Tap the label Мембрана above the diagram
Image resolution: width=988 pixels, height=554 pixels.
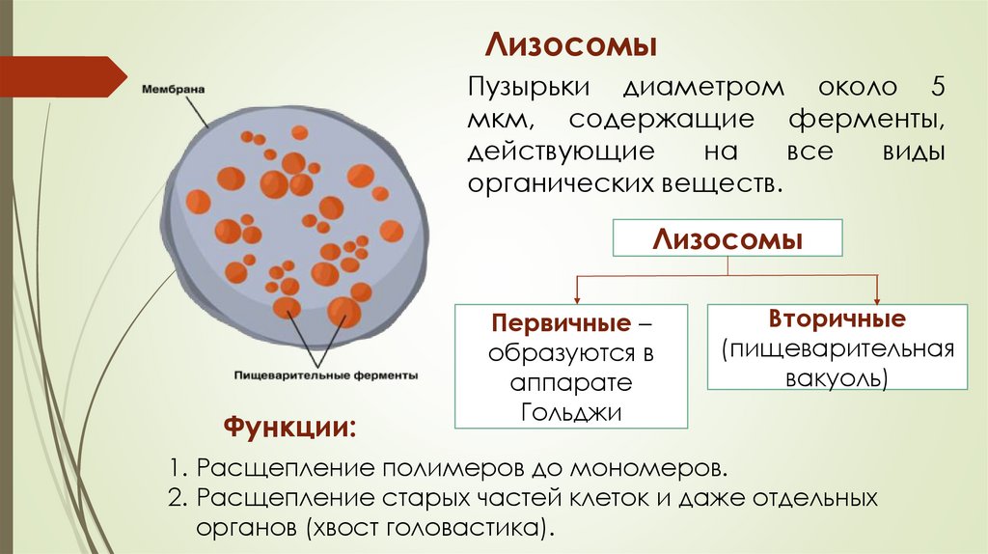tap(173, 90)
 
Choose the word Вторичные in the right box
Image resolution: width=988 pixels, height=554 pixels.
tap(837, 319)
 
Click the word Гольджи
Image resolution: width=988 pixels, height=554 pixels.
tap(571, 412)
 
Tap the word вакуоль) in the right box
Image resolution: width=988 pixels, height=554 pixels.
tap(837, 377)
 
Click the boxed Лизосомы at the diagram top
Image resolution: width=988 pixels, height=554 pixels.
tap(728, 238)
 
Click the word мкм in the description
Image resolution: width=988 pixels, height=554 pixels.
tap(498, 122)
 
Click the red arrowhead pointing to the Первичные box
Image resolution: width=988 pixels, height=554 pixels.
tap(576, 297)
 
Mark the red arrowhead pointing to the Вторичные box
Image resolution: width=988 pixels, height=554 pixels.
tap(876, 297)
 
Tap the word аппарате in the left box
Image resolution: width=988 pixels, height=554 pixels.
tap(571, 382)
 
